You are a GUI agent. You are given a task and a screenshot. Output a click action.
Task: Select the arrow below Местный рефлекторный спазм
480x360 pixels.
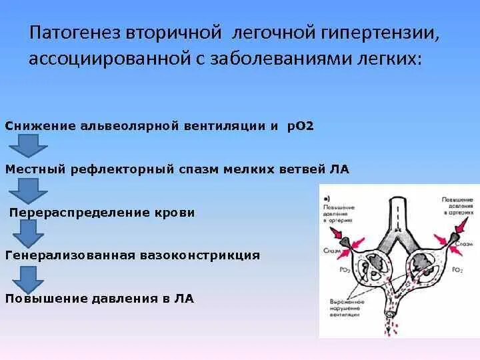[x=29, y=190]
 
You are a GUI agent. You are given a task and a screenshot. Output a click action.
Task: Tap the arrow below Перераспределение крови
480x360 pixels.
[x=29, y=234]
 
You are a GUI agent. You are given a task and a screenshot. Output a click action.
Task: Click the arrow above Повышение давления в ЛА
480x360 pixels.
[x=29, y=277]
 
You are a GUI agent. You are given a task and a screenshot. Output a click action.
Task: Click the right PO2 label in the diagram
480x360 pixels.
[x=457, y=270]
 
